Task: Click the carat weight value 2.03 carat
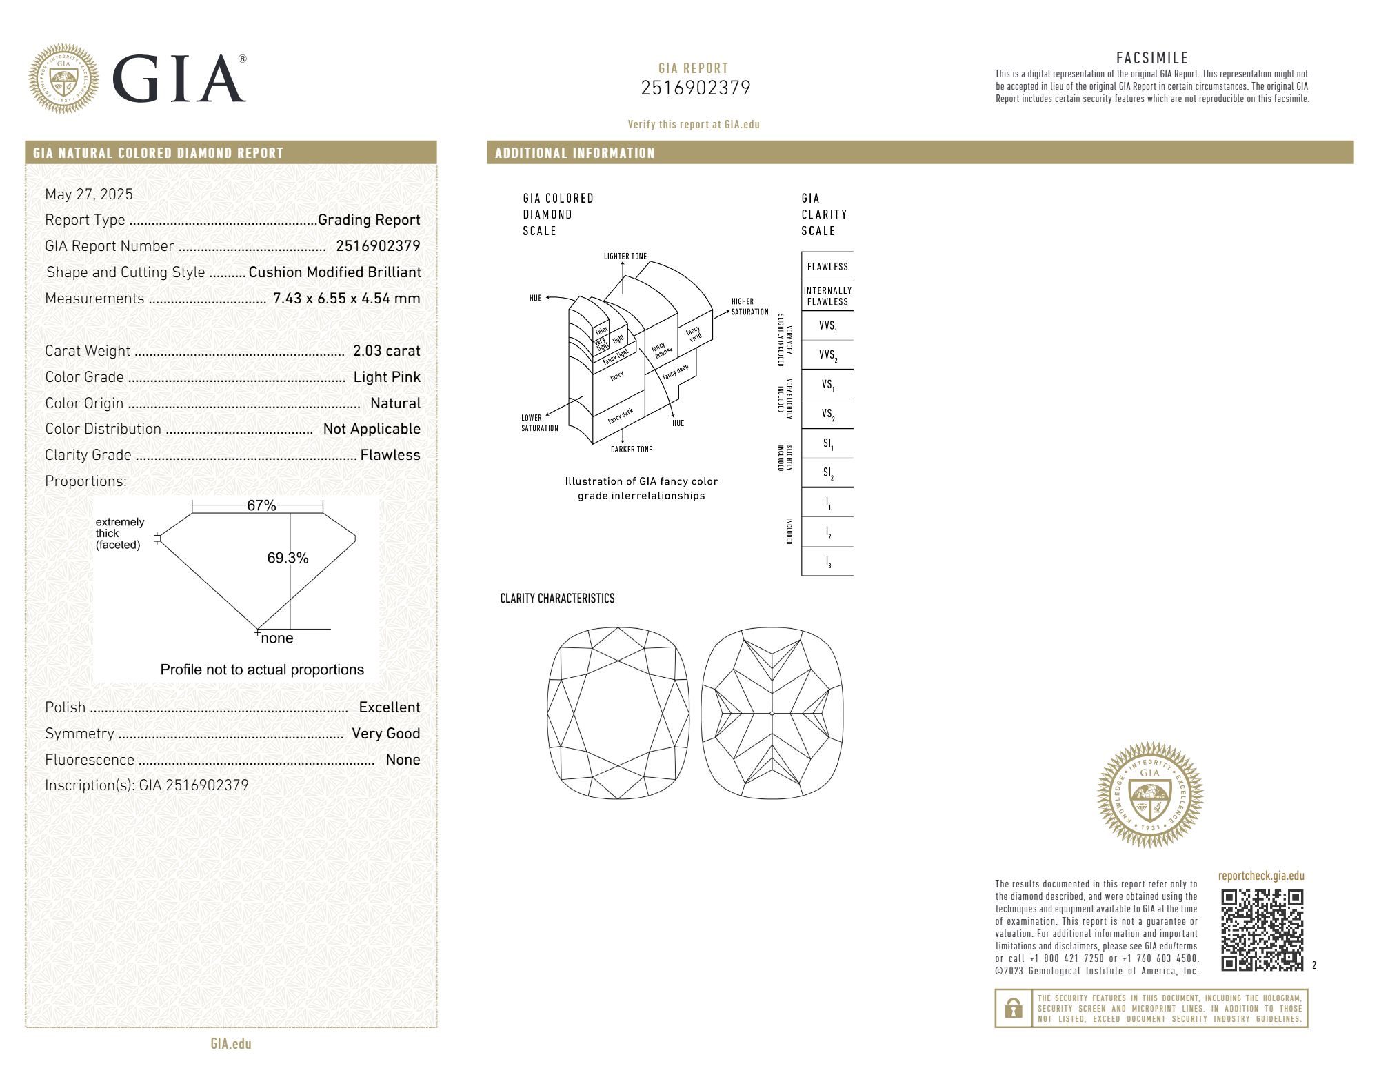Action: (386, 351)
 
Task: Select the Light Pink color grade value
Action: (387, 377)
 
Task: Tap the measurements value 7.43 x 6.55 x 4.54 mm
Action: (347, 299)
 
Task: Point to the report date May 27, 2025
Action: (89, 194)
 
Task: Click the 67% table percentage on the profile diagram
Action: (261, 505)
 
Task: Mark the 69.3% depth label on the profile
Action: (288, 558)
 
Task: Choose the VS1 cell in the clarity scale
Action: (827, 385)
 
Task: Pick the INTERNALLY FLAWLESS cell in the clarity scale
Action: (827, 296)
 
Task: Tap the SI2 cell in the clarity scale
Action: (827, 473)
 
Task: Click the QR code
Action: (1262, 929)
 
